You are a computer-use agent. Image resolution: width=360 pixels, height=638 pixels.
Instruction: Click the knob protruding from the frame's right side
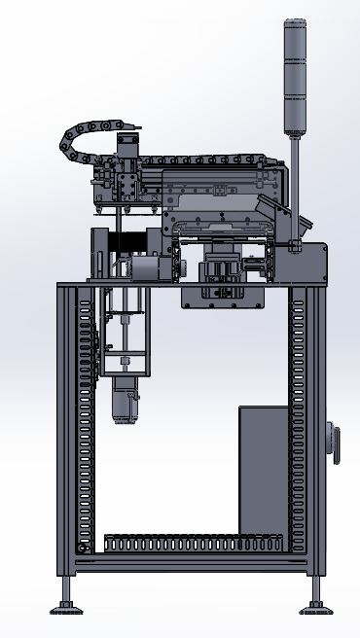pos(336,443)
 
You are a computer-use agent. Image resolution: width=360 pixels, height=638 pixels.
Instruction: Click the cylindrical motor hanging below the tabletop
pos(124,401)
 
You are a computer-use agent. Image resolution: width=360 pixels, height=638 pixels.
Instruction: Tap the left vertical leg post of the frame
pos(65,428)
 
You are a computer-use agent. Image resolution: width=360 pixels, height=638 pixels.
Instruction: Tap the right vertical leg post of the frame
pos(314,428)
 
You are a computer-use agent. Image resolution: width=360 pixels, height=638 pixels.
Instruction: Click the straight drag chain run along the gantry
pos(204,159)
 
